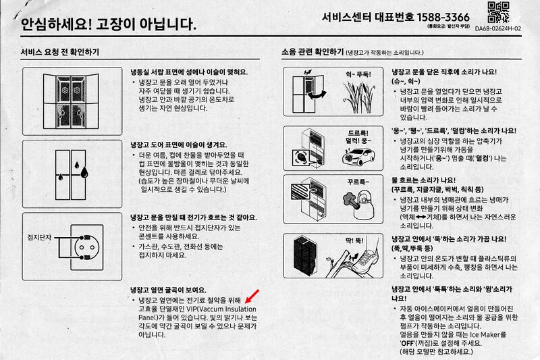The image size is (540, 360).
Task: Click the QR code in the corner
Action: (x=498, y=13)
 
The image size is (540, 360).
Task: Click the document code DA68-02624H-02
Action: (x=498, y=28)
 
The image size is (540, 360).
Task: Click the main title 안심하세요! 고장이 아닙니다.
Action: (x=109, y=24)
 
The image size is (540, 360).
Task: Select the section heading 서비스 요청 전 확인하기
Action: (x=59, y=52)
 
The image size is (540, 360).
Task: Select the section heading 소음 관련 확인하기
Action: (x=313, y=52)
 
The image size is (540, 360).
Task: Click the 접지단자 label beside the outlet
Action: (x=39, y=237)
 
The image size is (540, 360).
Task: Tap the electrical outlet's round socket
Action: (x=86, y=247)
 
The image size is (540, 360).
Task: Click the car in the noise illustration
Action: (x=358, y=157)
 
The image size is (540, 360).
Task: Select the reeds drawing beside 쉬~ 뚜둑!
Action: (x=358, y=97)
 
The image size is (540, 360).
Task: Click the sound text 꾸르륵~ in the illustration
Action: (x=358, y=182)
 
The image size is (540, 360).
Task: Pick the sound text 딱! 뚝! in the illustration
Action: (x=354, y=240)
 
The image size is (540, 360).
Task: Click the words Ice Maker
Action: (x=484, y=334)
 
